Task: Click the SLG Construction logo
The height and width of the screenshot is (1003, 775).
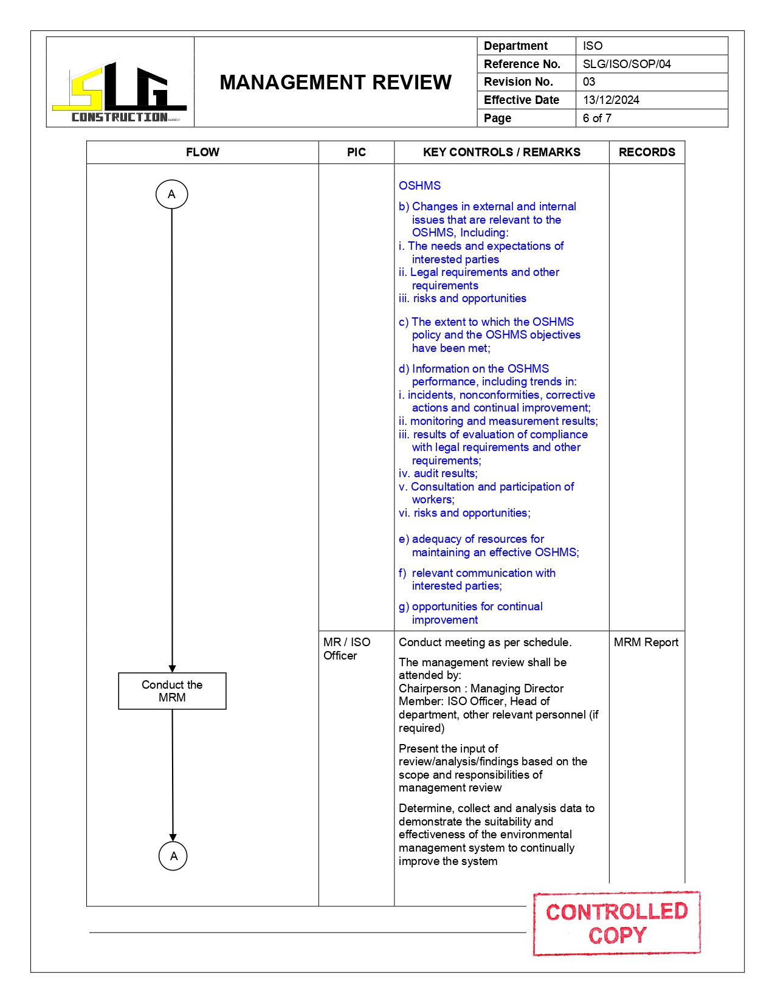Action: tap(120, 92)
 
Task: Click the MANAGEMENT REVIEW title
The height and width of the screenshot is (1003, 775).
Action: tap(335, 82)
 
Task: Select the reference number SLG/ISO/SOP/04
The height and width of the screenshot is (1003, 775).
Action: tap(626, 64)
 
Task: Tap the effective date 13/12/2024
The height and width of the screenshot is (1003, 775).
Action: tap(610, 100)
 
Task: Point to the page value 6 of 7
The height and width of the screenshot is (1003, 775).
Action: tap(596, 118)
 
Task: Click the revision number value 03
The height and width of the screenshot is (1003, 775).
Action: tap(588, 81)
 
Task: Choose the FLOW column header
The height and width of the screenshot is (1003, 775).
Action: tap(202, 152)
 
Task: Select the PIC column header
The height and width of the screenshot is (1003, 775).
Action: tap(356, 152)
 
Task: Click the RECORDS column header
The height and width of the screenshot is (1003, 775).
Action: tap(646, 152)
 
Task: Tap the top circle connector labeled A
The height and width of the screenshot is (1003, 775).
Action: tap(171, 195)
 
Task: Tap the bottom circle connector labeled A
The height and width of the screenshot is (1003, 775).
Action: tap(173, 856)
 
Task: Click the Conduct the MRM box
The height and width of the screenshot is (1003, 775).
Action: tap(172, 691)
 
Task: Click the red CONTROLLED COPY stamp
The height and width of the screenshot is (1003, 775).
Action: tap(616, 923)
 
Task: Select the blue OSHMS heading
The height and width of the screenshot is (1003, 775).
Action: tap(419, 185)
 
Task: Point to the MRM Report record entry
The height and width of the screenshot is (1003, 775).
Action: tap(646, 642)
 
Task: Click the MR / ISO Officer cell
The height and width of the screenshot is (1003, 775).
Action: tap(346, 649)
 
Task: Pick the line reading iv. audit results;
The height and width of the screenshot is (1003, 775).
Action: tap(438, 473)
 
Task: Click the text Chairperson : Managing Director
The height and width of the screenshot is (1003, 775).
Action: tap(481, 688)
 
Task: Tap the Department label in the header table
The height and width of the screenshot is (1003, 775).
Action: tap(515, 46)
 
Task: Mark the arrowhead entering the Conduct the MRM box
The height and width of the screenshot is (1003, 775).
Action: tap(172, 669)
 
